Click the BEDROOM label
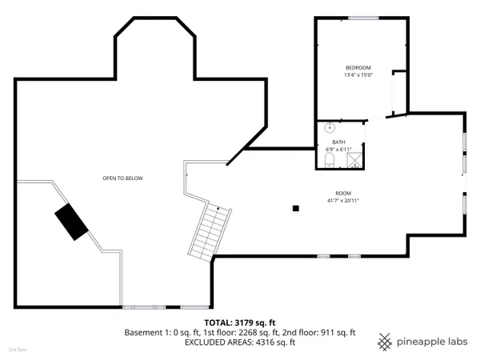click(x=358, y=67)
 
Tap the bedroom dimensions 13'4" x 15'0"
click(x=358, y=75)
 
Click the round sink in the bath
click(x=330, y=127)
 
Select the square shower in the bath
click(x=352, y=160)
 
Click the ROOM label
click(x=343, y=193)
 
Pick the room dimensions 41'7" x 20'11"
click(x=343, y=200)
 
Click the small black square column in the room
click(x=296, y=209)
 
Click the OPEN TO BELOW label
click(x=122, y=178)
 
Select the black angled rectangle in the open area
click(x=72, y=221)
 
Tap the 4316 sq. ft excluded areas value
click(x=276, y=342)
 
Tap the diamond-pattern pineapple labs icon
click(x=386, y=340)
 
